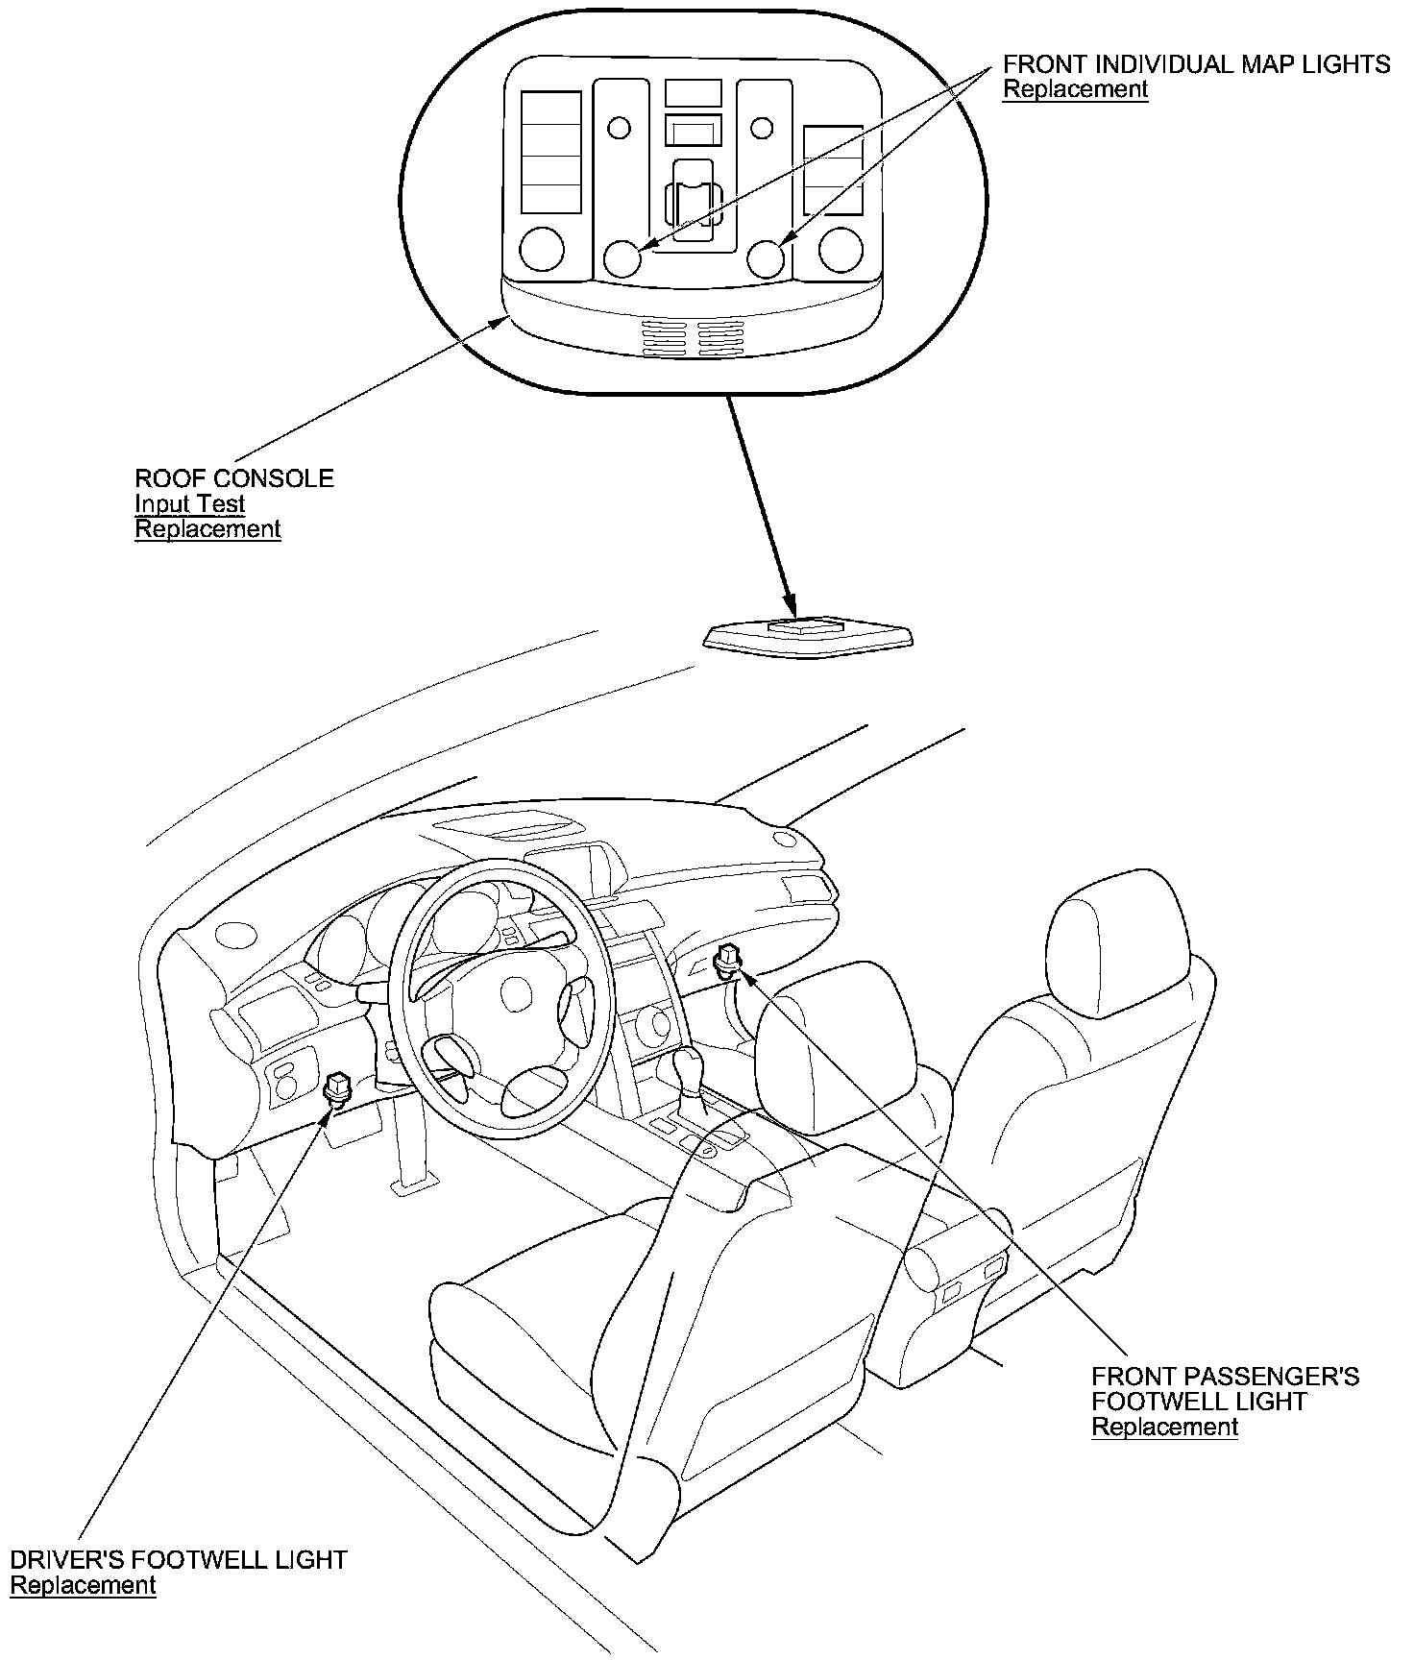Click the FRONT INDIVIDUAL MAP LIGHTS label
(1196, 64)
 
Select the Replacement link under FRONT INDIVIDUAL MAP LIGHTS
(1075, 90)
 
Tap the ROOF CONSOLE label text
(234, 478)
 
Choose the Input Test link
(189, 504)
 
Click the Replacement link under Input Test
(207, 529)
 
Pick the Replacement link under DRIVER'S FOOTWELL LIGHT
(83, 1585)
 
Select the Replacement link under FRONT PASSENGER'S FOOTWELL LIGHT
(1164, 1427)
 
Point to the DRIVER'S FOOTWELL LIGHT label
(179, 1559)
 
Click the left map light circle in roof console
(622, 258)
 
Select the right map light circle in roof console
(767, 257)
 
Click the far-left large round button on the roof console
(542, 249)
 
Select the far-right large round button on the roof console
(841, 249)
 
